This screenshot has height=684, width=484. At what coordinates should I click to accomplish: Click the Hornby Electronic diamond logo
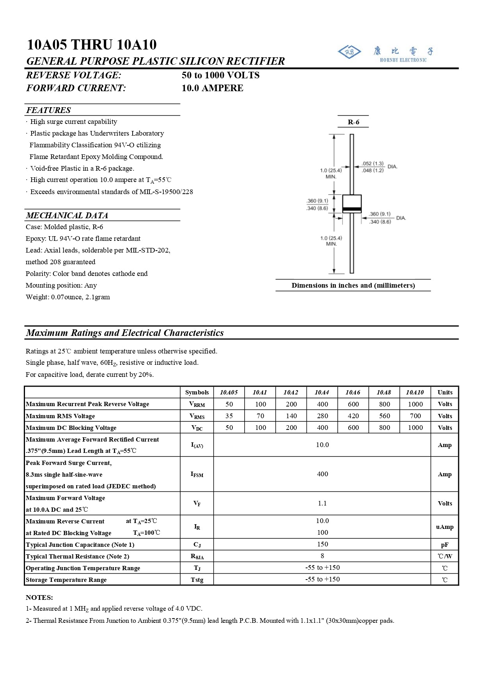[x=349, y=52]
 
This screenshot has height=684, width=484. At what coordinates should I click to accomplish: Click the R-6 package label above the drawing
[x=353, y=122]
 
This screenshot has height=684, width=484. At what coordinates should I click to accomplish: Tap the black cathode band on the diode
[x=352, y=210]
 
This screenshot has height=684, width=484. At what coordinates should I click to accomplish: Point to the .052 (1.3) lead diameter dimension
[x=372, y=164]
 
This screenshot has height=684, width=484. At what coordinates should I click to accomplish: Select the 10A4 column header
[x=322, y=392]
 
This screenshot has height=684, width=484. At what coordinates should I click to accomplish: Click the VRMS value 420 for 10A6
[x=353, y=416]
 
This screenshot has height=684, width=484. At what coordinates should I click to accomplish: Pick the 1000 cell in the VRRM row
[x=415, y=404]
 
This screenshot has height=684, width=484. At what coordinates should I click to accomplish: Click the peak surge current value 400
[x=323, y=474]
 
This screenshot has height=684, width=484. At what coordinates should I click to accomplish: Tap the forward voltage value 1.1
[x=322, y=503]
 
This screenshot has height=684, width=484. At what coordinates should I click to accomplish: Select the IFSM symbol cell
[x=197, y=474]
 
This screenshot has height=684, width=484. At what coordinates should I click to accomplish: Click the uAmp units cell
[x=445, y=527]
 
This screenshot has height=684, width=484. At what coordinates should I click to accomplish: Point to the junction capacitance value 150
[x=323, y=544]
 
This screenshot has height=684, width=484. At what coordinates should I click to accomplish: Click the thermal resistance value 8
[x=322, y=556]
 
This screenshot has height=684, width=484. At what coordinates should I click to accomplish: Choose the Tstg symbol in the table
[x=197, y=580]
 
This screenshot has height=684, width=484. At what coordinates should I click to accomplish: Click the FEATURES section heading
[x=49, y=110]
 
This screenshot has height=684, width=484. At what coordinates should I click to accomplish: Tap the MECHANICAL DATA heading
[x=67, y=215]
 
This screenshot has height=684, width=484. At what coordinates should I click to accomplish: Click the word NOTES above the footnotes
[x=39, y=597]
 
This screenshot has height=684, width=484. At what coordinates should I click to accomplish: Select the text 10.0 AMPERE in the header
[x=213, y=88]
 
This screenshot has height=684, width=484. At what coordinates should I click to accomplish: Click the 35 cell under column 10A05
[x=229, y=416]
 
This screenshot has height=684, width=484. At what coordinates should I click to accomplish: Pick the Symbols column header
[x=197, y=392]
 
